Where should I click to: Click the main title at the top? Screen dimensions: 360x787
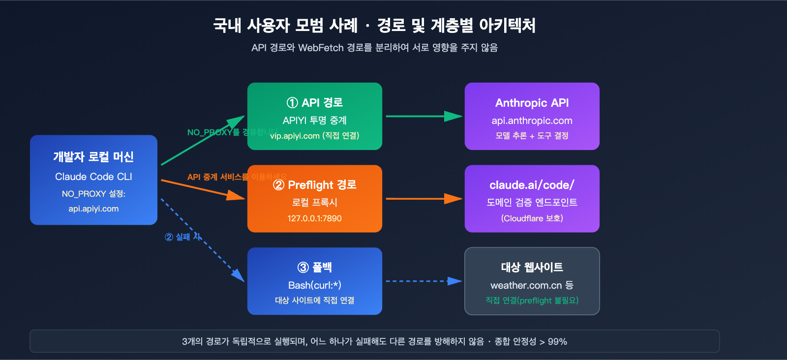pyautogui.click(x=374, y=25)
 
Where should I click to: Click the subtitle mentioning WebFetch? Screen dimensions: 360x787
pyautogui.click(x=374, y=48)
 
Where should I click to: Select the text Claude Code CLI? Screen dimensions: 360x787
pyautogui.click(x=93, y=177)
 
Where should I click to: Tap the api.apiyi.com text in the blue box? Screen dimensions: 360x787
pyautogui.click(x=93, y=209)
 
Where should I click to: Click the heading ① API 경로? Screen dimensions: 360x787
pyautogui.click(x=315, y=103)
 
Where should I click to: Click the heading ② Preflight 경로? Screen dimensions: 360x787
pyautogui.click(x=315, y=185)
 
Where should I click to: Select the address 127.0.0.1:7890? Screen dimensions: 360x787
pyautogui.click(x=315, y=218)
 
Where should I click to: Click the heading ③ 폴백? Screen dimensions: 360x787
pyautogui.click(x=315, y=267)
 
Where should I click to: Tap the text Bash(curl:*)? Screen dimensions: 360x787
pyautogui.click(x=315, y=285)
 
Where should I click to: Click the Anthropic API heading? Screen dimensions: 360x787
pyautogui.click(x=532, y=103)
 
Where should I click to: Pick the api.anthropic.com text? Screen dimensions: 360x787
pyautogui.click(x=532, y=120)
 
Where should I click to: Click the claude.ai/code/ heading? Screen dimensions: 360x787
pyautogui.click(x=532, y=185)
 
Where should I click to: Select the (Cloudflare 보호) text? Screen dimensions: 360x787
pyautogui.click(x=532, y=218)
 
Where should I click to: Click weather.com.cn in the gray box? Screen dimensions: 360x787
pyautogui.click(x=526, y=285)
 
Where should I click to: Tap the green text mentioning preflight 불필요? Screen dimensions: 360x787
pyautogui.click(x=532, y=300)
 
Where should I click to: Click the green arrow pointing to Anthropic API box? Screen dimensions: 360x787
pyautogui.click(x=424, y=117)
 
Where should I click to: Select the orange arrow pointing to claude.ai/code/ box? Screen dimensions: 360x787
pyautogui.click(x=424, y=199)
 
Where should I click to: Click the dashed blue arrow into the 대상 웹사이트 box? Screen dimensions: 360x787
pyautogui.click(x=424, y=281)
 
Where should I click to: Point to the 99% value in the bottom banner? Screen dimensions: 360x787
pyautogui.click(x=557, y=342)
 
